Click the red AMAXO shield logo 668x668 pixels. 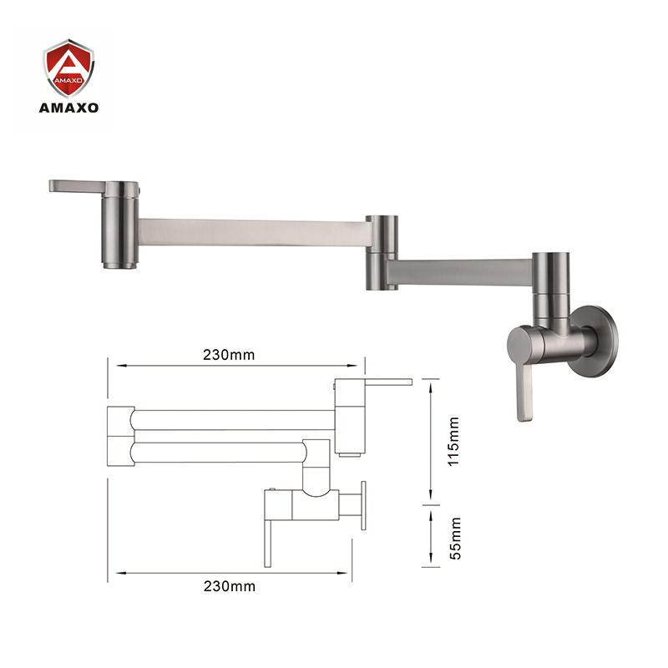68,68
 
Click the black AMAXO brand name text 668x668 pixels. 68,108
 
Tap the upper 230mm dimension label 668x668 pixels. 229,355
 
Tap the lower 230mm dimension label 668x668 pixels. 229,587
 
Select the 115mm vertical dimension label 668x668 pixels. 453,442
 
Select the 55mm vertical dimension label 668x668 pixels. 455,539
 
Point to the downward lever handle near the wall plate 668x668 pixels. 525,392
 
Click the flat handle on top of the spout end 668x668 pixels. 78,185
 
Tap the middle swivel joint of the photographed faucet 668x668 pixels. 382,253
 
